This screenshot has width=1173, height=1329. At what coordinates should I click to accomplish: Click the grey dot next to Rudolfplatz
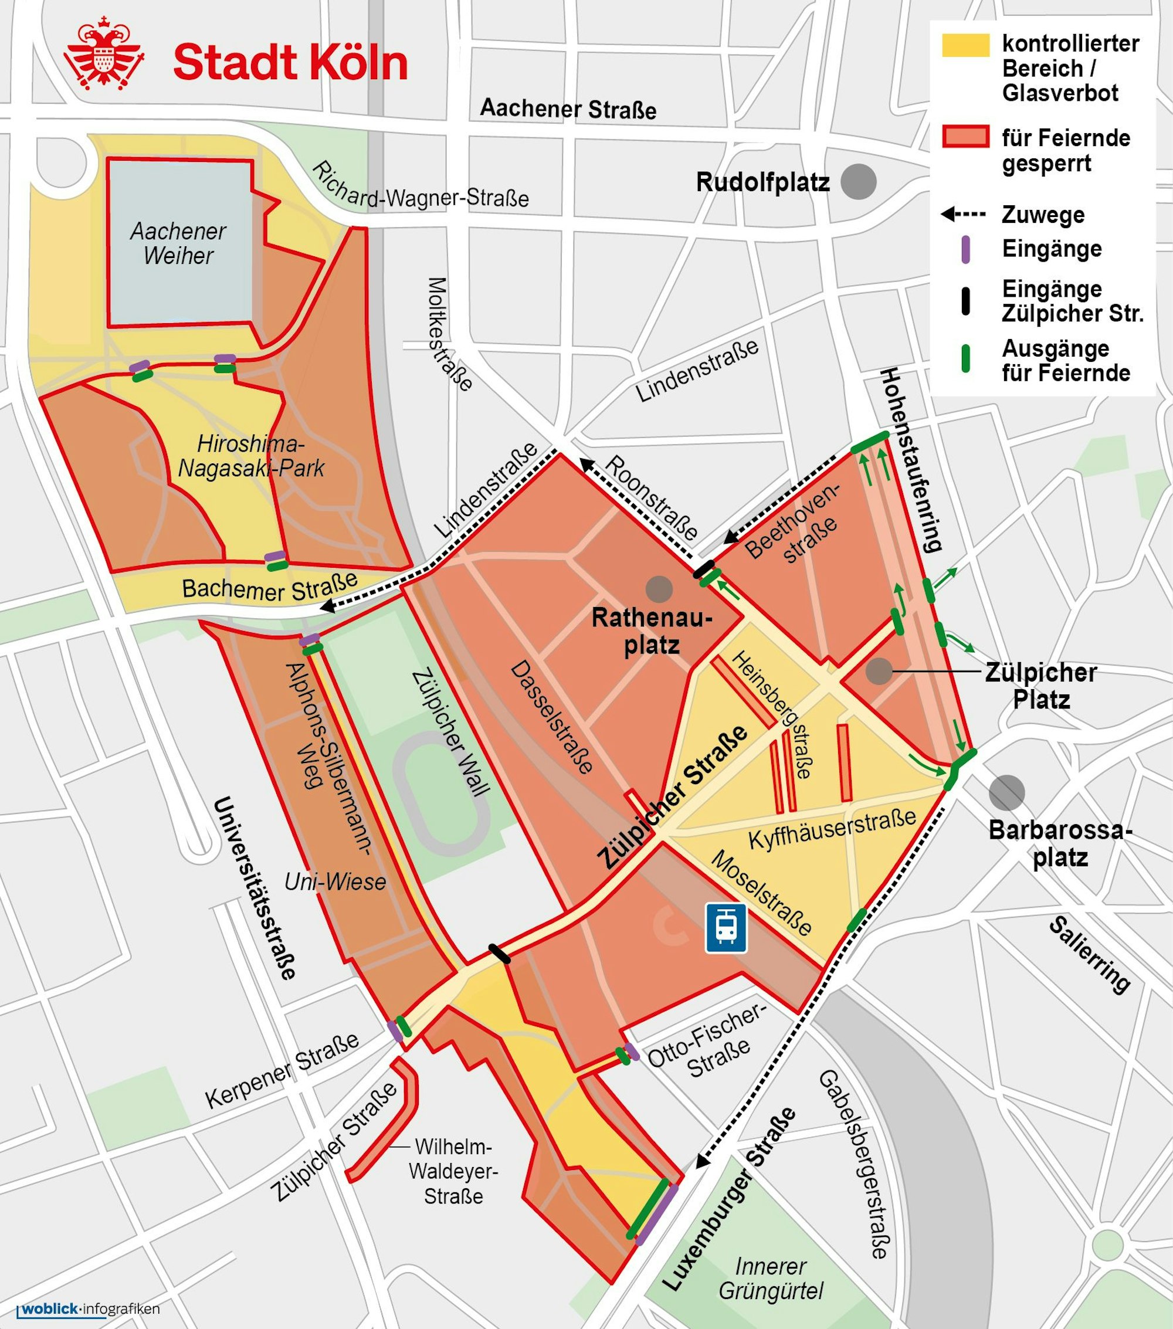[x=858, y=181]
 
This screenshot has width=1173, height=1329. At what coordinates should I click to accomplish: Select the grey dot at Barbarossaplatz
[x=1006, y=792]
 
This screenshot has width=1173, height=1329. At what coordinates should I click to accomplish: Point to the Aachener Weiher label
[x=178, y=243]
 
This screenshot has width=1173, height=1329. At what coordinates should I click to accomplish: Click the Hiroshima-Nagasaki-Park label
[x=251, y=456]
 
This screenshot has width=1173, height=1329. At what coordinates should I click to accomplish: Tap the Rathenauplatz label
[x=652, y=631]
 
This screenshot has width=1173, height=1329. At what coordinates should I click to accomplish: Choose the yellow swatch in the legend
[x=965, y=45]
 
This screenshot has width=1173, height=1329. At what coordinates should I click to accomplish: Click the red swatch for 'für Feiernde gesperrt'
[x=965, y=137]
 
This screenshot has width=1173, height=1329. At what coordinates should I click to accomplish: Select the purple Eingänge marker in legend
[x=965, y=250]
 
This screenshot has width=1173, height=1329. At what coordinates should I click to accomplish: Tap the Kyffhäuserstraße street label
[x=832, y=828]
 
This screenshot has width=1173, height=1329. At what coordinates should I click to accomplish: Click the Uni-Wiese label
[x=335, y=882]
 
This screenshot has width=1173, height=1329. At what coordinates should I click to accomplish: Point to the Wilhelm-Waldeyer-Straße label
[x=453, y=1171]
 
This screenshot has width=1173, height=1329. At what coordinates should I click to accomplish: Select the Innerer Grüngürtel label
[x=771, y=1279]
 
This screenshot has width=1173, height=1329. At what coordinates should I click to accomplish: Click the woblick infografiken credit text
[x=88, y=1309]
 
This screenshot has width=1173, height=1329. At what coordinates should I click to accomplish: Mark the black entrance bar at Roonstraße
[x=704, y=569]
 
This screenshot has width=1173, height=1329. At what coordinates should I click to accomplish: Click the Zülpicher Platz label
[x=1040, y=686]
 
